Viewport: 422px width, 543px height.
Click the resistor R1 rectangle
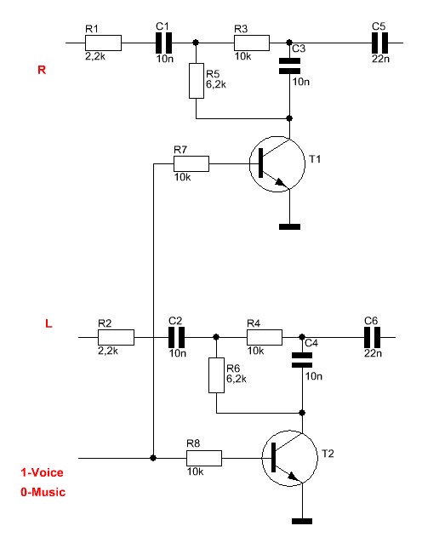pyautogui.click(x=103, y=43)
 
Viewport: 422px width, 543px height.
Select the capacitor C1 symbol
pyautogui.click(x=163, y=43)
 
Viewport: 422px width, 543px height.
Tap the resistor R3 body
pyautogui.click(x=252, y=43)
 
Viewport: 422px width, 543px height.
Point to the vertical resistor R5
pyautogui.click(x=197, y=81)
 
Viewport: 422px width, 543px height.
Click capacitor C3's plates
pyautogui.click(x=289, y=66)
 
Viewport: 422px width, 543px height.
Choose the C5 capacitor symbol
pyautogui.click(x=379, y=43)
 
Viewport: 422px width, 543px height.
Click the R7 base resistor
pyautogui.click(x=191, y=163)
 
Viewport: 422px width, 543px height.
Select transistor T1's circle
pyautogui.click(x=277, y=163)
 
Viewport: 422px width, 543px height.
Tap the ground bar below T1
pyautogui.click(x=289, y=227)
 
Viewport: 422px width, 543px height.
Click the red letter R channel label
pyautogui.click(x=42, y=70)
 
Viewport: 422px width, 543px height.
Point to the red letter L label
pyautogui.click(x=48, y=323)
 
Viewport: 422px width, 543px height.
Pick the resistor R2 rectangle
pyautogui.click(x=116, y=337)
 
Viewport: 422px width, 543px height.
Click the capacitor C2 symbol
pyautogui.click(x=177, y=337)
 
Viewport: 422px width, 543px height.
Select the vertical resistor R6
pyautogui.click(x=216, y=375)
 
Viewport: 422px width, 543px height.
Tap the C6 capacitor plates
pyautogui.click(x=372, y=337)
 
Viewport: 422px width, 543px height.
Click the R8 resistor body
pyautogui.click(x=204, y=458)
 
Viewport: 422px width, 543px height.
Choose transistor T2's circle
pyautogui.click(x=290, y=458)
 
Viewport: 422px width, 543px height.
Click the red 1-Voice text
pyautogui.click(x=43, y=472)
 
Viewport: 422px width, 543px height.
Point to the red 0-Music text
pyautogui.click(x=43, y=492)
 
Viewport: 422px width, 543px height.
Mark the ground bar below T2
pyautogui.click(x=302, y=521)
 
